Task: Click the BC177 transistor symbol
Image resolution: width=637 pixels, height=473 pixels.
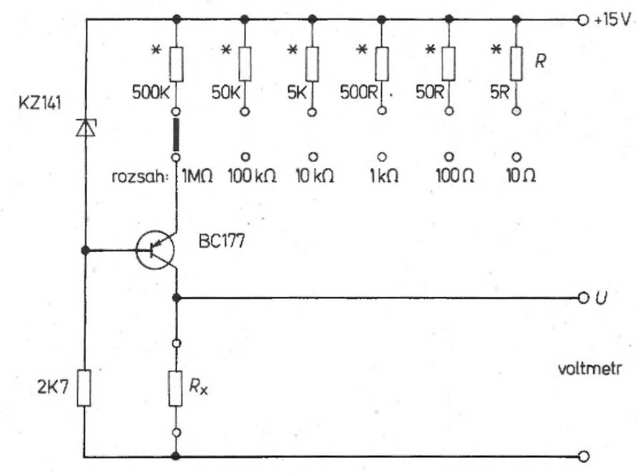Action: tap(155, 250)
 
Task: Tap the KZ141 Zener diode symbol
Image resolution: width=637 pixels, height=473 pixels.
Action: tap(86, 127)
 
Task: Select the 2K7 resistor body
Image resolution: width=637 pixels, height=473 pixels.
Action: tap(84, 388)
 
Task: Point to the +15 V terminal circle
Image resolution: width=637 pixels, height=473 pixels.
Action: tap(583, 20)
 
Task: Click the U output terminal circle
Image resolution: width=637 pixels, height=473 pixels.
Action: tap(583, 298)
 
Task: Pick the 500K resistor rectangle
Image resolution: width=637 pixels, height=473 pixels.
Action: tap(177, 64)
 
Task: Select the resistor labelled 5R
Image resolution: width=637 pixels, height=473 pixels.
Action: tap(517, 64)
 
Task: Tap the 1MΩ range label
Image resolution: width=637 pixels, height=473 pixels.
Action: tap(197, 177)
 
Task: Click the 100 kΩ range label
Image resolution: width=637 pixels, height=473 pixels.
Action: tap(252, 177)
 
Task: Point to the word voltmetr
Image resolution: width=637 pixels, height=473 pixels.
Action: tap(590, 369)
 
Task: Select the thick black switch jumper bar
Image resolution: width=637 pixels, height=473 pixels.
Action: tap(176, 134)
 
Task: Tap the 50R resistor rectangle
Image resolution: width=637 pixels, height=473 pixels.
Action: tap(449, 64)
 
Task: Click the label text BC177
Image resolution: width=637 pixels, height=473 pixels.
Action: tap(222, 241)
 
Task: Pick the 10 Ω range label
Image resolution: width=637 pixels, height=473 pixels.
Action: tap(521, 177)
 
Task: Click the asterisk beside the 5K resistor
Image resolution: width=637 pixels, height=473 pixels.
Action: tap(292, 50)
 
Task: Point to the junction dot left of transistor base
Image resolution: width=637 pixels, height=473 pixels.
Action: tap(85, 250)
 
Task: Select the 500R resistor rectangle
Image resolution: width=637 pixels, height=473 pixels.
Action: tap(382, 64)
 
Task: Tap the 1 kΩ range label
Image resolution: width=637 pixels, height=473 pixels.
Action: tap(384, 177)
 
